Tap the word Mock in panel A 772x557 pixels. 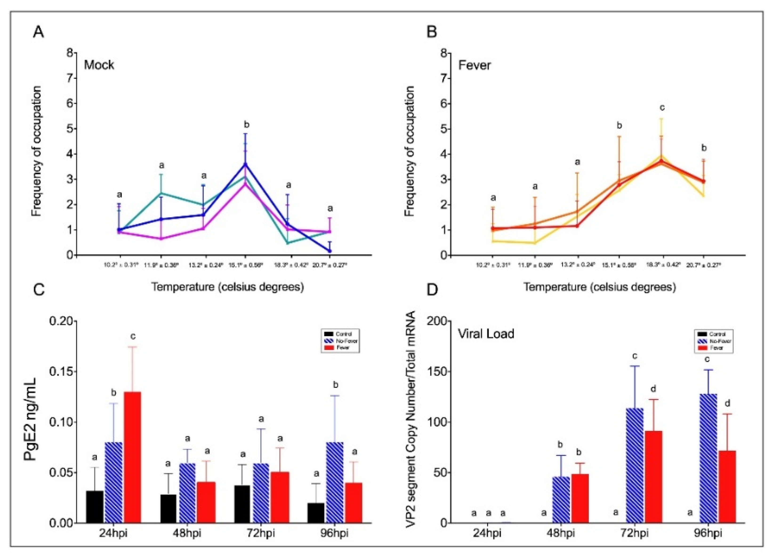click(x=99, y=65)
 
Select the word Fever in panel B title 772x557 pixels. click(x=474, y=65)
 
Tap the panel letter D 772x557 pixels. click(x=433, y=292)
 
